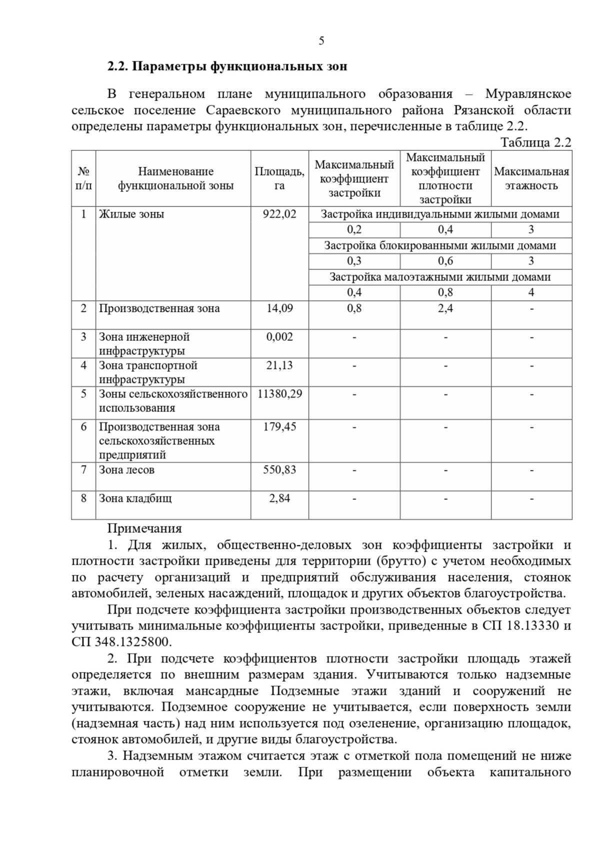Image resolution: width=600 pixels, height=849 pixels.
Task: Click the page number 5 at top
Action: tap(321, 41)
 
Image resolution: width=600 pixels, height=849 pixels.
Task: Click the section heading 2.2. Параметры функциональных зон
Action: tap(227, 66)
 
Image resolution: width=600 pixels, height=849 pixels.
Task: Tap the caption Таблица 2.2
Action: tap(535, 142)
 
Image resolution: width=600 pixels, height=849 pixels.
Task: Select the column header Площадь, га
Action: tap(279, 178)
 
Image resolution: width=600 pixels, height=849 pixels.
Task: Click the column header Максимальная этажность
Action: tap(531, 178)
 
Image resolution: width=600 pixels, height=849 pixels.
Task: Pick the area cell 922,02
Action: tap(279, 214)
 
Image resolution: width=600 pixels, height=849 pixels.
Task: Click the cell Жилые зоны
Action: tap(131, 214)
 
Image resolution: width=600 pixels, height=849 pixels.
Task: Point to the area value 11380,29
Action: tap(279, 394)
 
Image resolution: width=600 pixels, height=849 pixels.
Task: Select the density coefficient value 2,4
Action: tap(445, 308)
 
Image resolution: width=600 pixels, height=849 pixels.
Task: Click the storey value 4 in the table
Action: tap(531, 292)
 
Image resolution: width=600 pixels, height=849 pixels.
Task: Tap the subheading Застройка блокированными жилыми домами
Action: tap(440, 245)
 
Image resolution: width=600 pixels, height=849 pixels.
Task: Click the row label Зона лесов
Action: tap(126, 469)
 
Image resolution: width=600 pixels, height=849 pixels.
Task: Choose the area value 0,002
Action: tap(279, 337)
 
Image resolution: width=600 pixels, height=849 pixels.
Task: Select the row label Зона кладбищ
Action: tap(135, 498)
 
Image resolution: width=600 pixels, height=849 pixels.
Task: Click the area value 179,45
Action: tap(279, 427)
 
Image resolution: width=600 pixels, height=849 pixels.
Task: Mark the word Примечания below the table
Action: tap(144, 528)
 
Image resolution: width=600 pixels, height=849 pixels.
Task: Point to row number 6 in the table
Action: tap(83, 427)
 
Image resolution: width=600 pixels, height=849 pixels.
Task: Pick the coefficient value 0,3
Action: tap(354, 261)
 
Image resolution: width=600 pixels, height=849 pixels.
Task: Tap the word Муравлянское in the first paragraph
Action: tap(528, 94)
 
